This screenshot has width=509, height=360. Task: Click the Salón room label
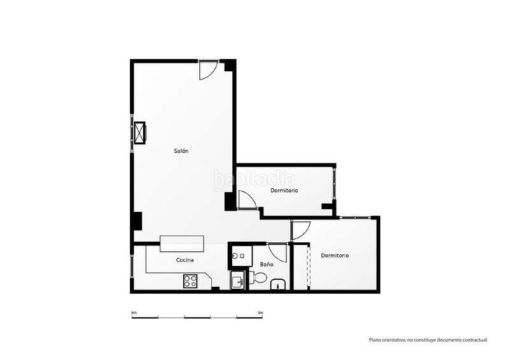[x=181, y=151]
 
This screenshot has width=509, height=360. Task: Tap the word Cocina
[x=185, y=260]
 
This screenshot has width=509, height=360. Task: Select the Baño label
[x=267, y=264]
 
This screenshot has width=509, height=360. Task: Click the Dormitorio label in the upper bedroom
[x=284, y=191]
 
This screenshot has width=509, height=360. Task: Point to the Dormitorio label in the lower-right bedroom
[x=335, y=256]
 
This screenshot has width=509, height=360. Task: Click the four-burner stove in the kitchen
[x=190, y=281]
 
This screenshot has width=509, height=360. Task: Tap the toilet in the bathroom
[x=258, y=277]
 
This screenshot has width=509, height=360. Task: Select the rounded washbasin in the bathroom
[x=277, y=284]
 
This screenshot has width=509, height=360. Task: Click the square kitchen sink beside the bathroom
[x=237, y=280]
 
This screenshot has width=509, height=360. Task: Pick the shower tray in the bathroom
[x=242, y=256]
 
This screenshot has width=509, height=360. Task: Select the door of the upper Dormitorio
[x=248, y=199]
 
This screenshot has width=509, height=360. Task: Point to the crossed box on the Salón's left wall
[x=140, y=132]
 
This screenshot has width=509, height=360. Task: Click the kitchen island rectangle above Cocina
[x=182, y=244]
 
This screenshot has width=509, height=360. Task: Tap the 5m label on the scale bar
[x=260, y=313]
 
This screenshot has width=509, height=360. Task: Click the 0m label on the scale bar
[x=134, y=313]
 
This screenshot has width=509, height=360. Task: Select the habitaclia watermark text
[x=254, y=179]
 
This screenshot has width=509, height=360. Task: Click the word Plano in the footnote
[x=374, y=340]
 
